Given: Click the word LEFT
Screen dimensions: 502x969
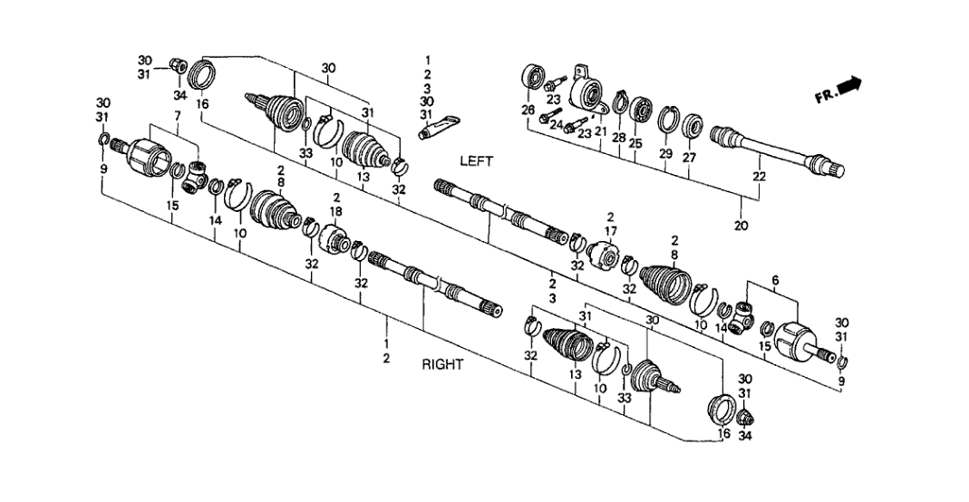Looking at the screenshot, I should click(x=476, y=162).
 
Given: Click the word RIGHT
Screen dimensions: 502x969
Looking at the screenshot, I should click(x=442, y=365).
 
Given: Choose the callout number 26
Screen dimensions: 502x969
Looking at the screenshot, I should click(x=528, y=111).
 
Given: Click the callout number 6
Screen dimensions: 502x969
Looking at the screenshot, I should click(x=775, y=282).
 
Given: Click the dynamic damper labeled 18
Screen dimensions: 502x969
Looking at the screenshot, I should click(x=338, y=243).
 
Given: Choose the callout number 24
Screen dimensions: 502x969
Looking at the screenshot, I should click(x=555, y=125).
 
